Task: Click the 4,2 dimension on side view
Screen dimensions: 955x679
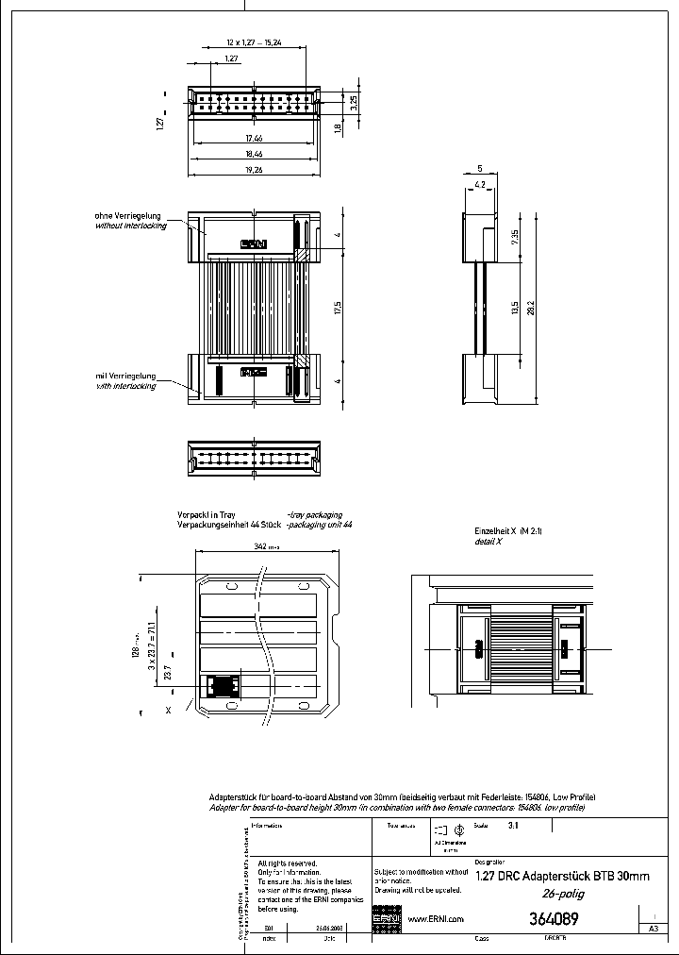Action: (x=480, y=184)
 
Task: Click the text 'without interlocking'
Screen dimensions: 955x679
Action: (x=131, y=226)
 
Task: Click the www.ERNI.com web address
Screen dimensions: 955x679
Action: (x=435, y=919)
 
